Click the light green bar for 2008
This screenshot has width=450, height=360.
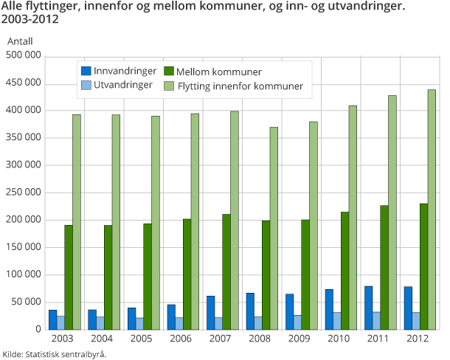(x=274, y=228)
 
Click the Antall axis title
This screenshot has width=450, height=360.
(x=20, y=42)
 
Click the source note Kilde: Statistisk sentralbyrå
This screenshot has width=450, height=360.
(x=55, y=354)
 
